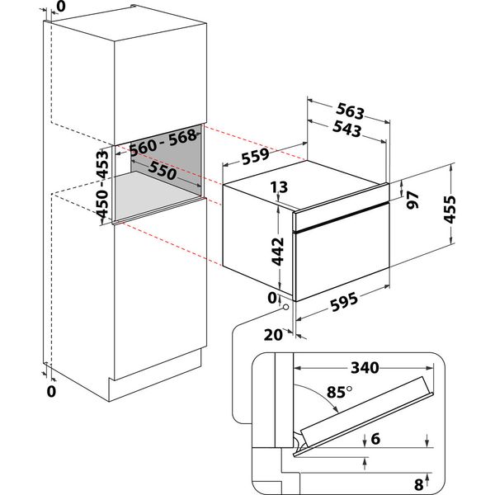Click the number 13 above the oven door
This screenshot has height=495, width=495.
tap(278, 189)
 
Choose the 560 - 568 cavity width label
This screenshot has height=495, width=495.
tap(166, 141)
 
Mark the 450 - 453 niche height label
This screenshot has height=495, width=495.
tap(102, 185)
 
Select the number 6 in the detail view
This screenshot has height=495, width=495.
tap(375, 441)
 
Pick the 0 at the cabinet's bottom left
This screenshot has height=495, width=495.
tap(51, 391)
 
